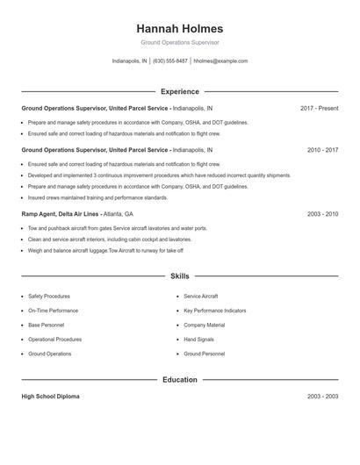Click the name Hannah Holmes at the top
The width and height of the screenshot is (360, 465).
[180, 28]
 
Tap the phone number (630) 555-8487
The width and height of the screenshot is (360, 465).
[170, 61]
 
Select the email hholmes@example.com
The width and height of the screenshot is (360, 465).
[220, 61]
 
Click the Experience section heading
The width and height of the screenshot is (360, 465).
[180, 91]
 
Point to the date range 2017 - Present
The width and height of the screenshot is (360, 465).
[319, 108]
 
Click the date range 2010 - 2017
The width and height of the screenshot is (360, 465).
[322, 150]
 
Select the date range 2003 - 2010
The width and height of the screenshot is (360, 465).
[322, 213]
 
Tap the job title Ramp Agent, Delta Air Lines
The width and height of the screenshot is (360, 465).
[61, 213]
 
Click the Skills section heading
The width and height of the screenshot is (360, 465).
[180, 275]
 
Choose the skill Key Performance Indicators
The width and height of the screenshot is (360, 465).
[215, 311]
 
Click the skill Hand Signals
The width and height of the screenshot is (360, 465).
[199, 339]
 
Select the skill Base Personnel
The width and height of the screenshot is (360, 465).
[46, 325]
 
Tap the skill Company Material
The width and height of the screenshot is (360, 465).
[204, 325]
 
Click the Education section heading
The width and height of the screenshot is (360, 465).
[180, 380]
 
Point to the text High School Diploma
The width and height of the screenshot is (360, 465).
[50, 397]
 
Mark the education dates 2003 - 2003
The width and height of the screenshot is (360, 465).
[322, 397]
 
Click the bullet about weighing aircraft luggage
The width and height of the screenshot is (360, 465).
[105, 250]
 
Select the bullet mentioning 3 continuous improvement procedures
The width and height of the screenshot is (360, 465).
[159, 175]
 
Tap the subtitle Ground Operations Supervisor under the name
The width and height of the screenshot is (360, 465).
[180, 42]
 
